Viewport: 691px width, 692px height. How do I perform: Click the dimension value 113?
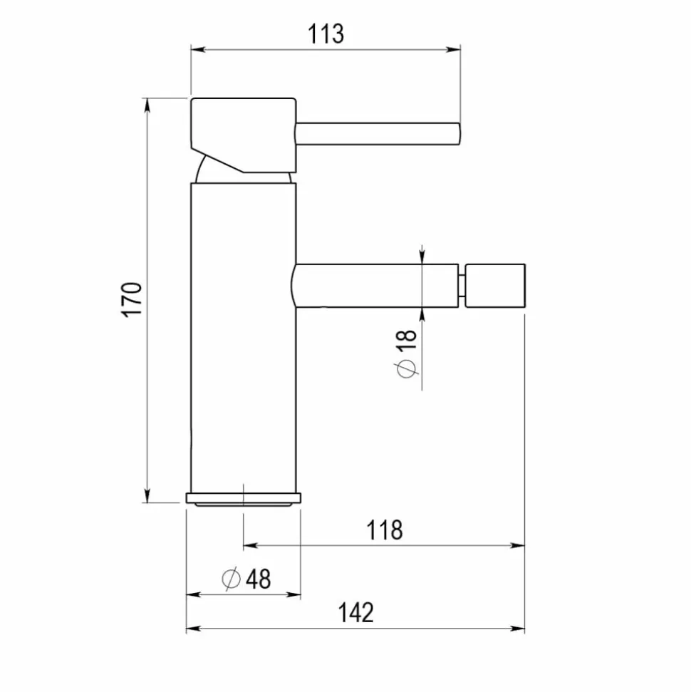(326, 34)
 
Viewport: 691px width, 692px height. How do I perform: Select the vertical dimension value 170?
(132, 299)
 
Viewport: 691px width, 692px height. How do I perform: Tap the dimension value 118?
(385, 530)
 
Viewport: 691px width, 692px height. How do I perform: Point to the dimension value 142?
(355, 613)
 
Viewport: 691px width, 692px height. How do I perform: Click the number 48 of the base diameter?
(259, 579)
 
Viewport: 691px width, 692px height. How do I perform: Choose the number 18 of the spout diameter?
(407, 340)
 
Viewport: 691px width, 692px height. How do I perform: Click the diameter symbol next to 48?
(231, 579)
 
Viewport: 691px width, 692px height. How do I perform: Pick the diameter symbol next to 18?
(407, 368)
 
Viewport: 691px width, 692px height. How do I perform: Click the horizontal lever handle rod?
(378, 134)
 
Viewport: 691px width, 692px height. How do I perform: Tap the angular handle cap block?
(244, 135)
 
